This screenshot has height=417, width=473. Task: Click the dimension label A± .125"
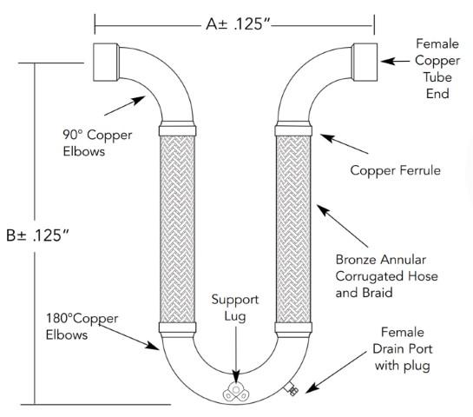click(x=233, y=24)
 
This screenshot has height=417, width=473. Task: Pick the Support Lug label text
click(x=233, y=308)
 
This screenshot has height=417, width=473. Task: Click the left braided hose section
click(x=178, y=228)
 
